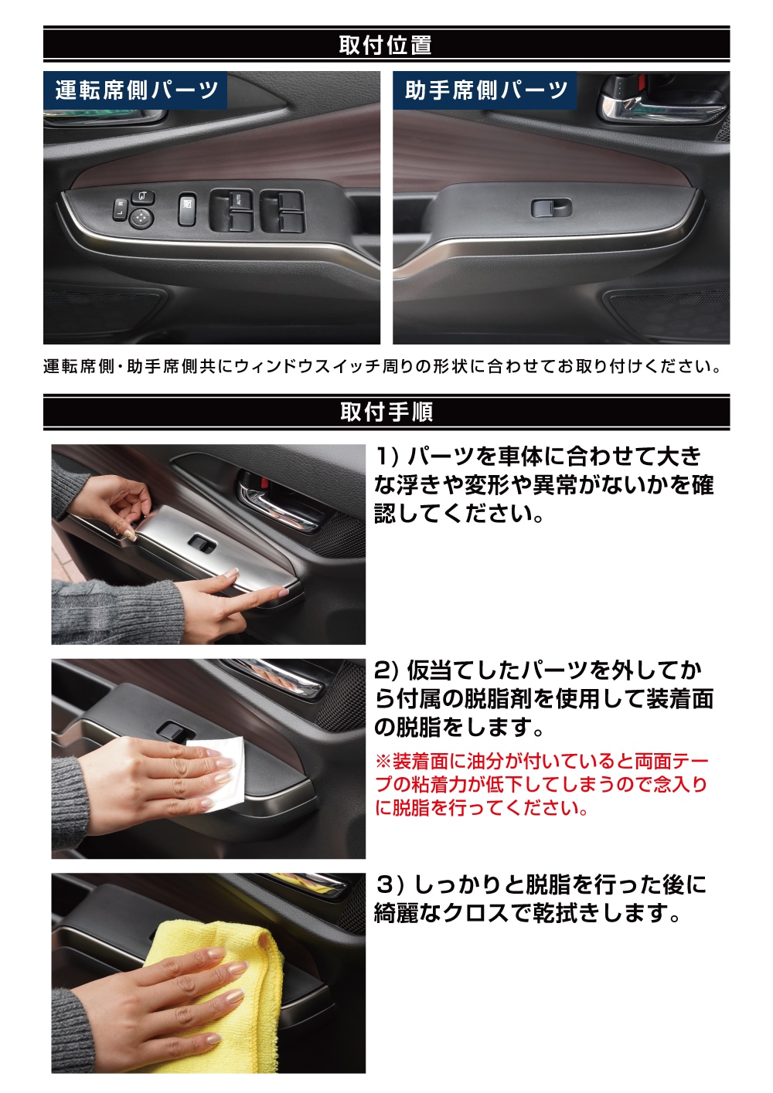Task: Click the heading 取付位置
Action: click(385, 45)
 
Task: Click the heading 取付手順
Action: click(386, 412)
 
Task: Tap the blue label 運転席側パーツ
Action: click(136, 90)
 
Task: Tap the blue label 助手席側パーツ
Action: click(485, 90)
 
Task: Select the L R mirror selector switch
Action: click(120, 209)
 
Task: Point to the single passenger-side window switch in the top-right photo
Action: click(551, 209)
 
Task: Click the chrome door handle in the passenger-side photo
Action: click(662, 104)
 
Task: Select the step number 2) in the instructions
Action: click(389, 671)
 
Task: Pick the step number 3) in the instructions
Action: click(390, 884)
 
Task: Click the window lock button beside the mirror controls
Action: click(187, 209)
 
